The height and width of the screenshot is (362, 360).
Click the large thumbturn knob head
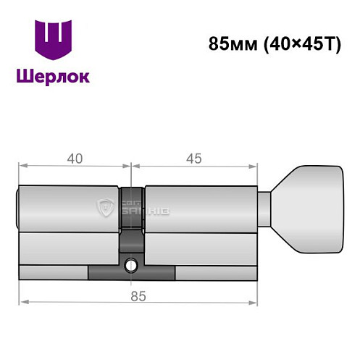point(311,209)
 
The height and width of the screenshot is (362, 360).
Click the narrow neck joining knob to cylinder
point(265,209)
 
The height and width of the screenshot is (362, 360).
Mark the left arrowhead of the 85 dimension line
point(22,300)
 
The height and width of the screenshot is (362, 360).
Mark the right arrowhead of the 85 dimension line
point(255,300)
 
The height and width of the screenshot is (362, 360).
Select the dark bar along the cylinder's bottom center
point(131,273)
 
